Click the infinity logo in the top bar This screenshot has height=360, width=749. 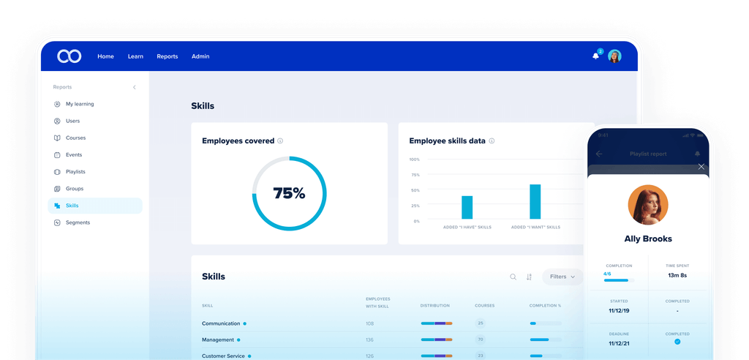point(70,56)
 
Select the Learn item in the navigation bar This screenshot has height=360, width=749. point(135,56)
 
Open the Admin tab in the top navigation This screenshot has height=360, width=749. point(200,56)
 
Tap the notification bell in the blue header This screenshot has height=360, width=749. point(595,56)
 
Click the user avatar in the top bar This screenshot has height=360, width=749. point(614,56)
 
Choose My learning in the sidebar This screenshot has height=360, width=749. point(79,104)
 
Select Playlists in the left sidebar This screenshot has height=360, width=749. point(75,172)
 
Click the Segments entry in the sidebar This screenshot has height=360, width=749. point(78,222)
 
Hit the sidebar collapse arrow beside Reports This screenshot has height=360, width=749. point(135,87)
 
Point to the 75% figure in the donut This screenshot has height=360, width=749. point(289,194)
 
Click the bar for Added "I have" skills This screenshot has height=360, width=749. point(467,207)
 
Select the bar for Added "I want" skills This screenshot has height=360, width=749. point(535,201)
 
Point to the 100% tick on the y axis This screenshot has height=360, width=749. point(415,160)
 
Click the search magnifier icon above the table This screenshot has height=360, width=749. point(513,277)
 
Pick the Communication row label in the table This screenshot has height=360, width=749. point(221,323)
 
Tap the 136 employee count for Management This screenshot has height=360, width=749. point(369,340)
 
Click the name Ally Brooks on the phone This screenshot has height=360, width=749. point(648,239)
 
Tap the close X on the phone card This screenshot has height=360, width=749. point(701,167)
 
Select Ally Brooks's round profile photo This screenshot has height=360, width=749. point(648,205)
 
